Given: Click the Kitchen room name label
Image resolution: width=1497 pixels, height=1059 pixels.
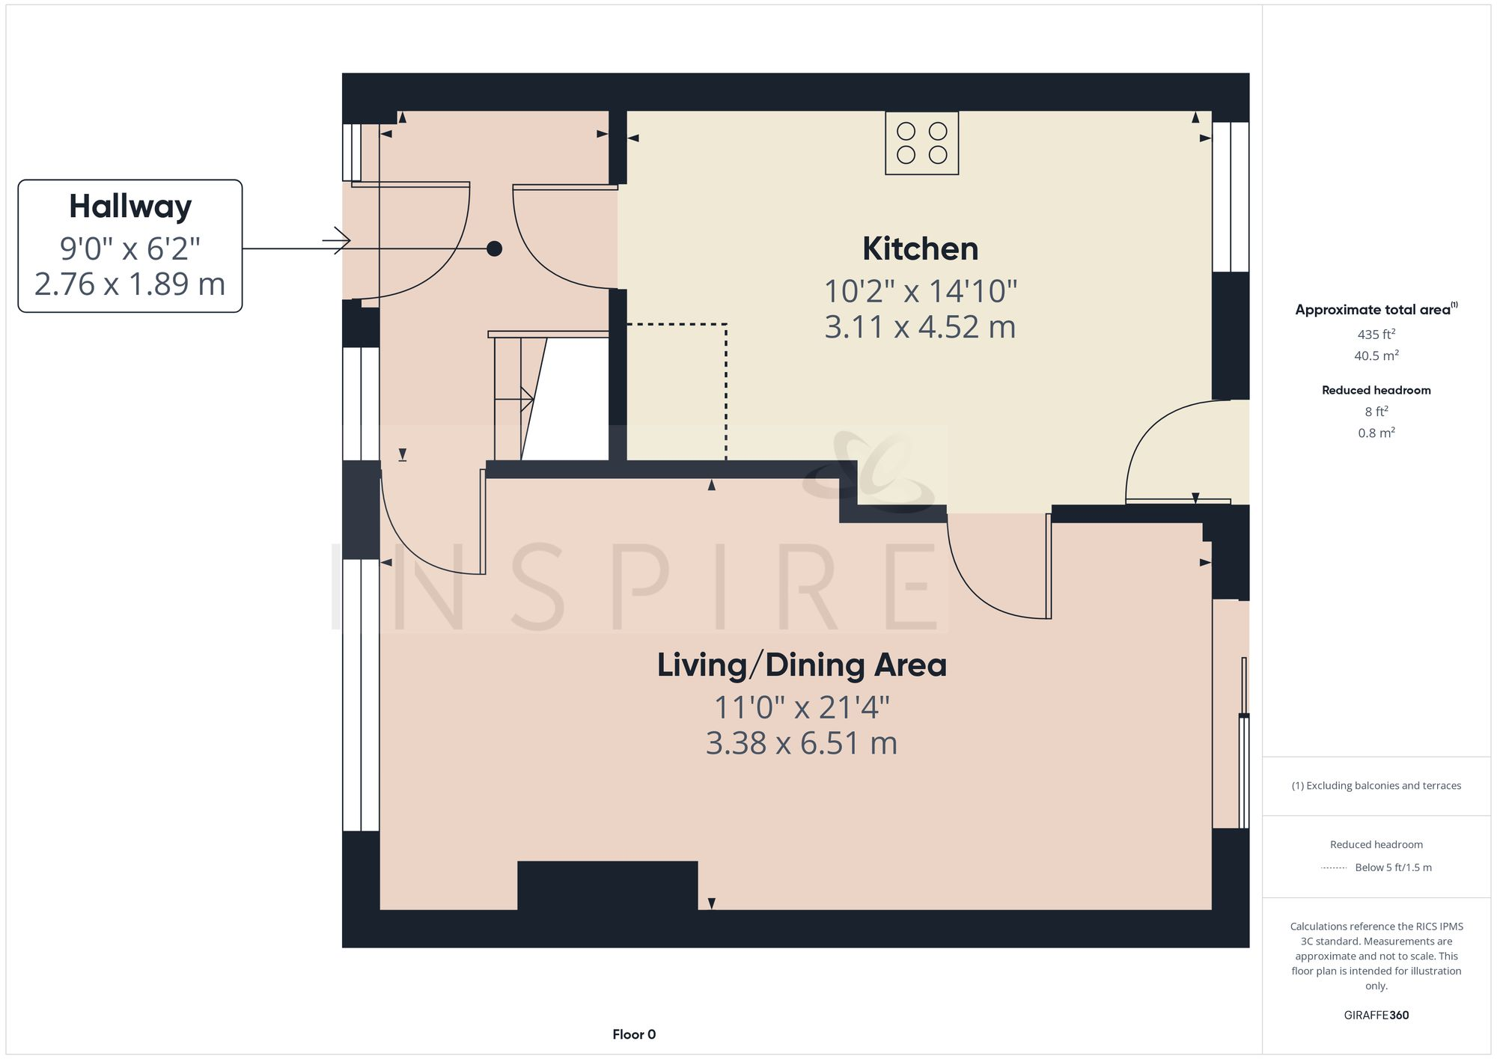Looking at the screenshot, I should [x=920, y=249].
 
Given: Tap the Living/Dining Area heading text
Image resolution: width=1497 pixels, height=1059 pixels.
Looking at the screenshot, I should [x=802, y=665].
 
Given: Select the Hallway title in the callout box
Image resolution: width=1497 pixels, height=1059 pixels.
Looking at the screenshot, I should [x=130, y=207].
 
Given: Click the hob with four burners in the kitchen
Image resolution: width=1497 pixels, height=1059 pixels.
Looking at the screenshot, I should [x=921, y=143].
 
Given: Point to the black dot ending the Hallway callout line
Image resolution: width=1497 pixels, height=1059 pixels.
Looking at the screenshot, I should [x=494, y=248].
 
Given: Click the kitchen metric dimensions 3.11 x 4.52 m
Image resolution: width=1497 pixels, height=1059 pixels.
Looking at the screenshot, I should [x=920, y=327].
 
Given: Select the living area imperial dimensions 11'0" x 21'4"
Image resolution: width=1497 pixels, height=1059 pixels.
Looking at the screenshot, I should [x=802, y=707].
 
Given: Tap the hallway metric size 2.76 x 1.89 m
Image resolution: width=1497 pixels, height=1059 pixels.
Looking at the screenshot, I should [x=130, y=284].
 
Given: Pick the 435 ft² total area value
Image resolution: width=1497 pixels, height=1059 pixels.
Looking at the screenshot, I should [x=1376, y=335].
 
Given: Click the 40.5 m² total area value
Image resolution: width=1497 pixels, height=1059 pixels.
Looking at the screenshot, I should [x=1376, y=355].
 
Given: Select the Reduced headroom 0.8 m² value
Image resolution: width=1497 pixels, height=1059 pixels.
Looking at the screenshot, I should [x=1376, y=433].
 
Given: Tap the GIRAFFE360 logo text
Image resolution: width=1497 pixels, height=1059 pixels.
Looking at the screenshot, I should [x=1376, y=1015].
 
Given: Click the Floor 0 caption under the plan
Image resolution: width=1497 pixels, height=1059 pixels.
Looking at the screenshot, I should [x=633, y=1034].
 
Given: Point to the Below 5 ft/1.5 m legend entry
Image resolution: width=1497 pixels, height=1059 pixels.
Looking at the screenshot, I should [x=1392, y=867].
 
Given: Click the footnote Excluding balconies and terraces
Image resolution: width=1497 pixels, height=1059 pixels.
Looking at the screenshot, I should [x=1376, y=786].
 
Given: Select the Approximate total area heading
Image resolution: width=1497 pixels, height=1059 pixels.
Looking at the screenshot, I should [x=1376, y=310].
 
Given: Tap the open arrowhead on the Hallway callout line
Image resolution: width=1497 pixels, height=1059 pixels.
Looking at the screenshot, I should [x=339, y=240].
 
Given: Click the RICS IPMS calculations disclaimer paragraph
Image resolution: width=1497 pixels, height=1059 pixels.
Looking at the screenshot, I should [x=1376, y=956].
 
